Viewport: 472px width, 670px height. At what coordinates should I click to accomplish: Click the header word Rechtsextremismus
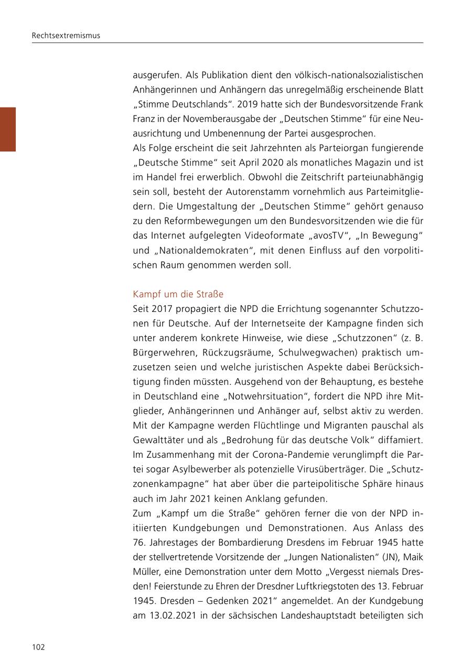pyautogui.click(x=66, y=36)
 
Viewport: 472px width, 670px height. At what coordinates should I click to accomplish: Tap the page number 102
pyautogui.click(x=38, y=647)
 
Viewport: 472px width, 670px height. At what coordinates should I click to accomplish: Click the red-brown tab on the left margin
pyautogui.click(x=8, y=129)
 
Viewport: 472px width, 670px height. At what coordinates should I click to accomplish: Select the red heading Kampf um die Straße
pyautogui.click(x=178, y=295)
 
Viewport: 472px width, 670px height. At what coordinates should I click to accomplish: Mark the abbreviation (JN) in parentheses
pyautogui.click(x=389, y=557)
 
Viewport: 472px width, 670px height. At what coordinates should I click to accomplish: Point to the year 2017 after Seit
pyautogui.click(x=162, y=309)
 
